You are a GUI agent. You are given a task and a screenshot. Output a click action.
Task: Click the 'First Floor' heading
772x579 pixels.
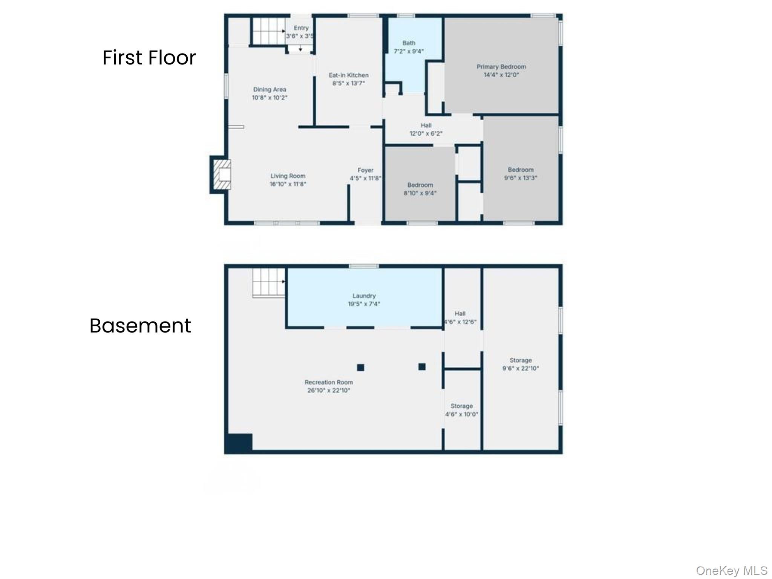149,58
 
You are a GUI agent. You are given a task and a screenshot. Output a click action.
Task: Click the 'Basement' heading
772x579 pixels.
140,326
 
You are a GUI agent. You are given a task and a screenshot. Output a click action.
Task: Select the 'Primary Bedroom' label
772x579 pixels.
501,67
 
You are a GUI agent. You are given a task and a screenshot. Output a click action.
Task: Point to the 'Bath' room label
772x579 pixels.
409,43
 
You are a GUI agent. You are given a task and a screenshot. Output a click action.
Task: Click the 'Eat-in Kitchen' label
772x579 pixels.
349,75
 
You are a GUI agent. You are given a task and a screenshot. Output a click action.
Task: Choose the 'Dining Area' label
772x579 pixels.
270,90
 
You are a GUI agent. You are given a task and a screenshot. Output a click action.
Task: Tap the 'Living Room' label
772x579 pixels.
288,176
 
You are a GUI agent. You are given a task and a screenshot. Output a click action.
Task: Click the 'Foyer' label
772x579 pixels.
365,170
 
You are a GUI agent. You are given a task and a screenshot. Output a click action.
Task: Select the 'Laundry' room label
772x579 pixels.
364,296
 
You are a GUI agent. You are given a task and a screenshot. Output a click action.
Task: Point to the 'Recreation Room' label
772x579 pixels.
329,382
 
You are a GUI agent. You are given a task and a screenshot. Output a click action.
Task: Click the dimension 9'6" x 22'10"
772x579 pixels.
521,368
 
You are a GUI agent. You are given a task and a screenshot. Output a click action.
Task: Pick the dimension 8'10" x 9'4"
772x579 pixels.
420,193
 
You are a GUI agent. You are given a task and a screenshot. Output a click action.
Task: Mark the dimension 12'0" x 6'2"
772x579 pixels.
426,133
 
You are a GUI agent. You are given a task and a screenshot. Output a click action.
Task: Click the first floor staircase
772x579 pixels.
268,31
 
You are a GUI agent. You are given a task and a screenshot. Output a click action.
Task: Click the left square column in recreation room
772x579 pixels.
361,367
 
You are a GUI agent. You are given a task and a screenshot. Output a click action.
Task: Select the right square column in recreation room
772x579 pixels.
422,366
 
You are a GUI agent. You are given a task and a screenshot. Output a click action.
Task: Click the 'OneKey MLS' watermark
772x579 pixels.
732,571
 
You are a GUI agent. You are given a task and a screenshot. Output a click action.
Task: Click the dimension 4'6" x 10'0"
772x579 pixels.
461,414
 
